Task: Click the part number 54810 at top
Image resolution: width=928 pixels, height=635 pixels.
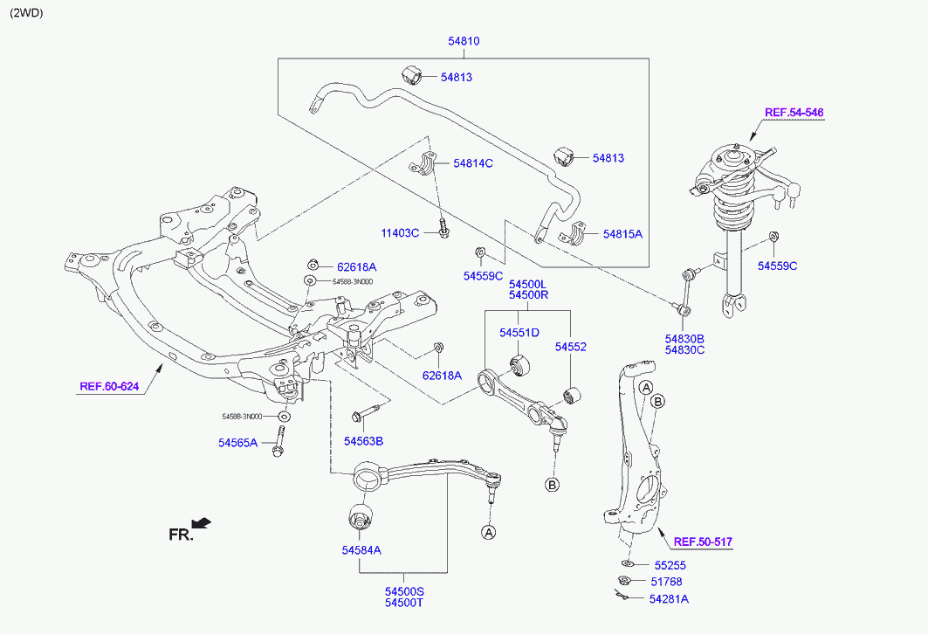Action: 464,41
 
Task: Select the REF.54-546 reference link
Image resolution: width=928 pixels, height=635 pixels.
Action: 794,113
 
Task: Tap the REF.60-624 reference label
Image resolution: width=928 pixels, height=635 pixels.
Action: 109,386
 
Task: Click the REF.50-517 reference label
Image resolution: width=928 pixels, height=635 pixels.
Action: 703,542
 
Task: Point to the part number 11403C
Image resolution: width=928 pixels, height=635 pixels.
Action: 400,233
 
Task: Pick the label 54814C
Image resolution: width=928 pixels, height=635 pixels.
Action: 473,163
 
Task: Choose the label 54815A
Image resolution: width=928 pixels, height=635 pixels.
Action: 622,234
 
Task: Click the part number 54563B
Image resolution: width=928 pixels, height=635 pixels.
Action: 363,440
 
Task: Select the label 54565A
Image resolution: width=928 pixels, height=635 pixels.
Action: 237,443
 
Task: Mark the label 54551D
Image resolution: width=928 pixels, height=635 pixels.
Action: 519,333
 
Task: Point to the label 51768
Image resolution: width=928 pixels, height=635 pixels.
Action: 666,582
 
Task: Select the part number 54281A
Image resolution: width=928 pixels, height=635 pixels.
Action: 669,599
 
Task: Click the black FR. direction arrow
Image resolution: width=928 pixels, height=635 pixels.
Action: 202,523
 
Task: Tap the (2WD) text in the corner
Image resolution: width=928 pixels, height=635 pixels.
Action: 25,13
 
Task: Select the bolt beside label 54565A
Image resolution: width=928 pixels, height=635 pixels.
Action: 278,439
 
